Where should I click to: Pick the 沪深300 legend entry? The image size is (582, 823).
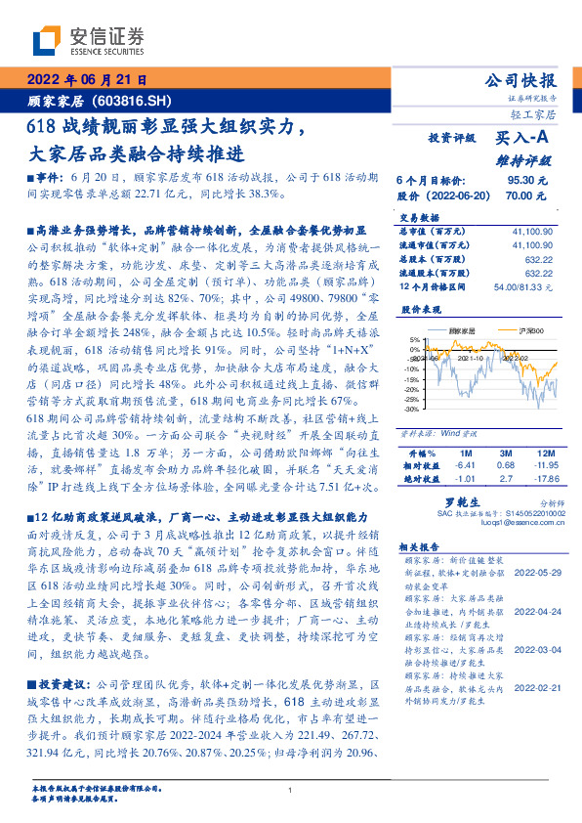515,331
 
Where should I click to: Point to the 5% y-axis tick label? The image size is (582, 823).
413,341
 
